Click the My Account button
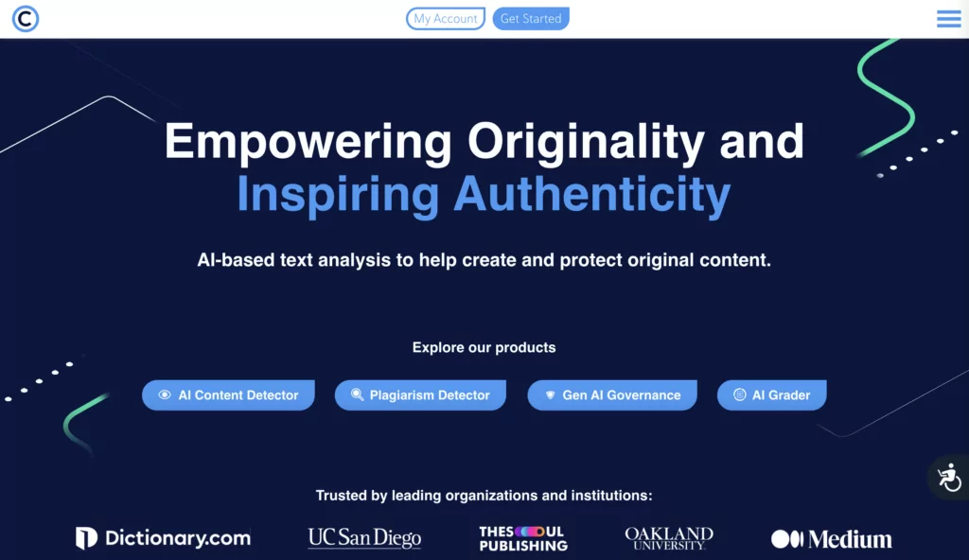pyautogui.click(x=445, y=19)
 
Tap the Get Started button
pyautogui.click(x=531, y=19)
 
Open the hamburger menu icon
pyautogui.click(x=948, y=19)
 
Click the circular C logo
pyautogui.click(x=26, y=19)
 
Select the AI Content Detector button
pyautogui.click(x=228, y=395)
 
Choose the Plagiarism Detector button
pyautogui.click(x=420, y=395)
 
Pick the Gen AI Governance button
pyautogui.click(x=612, y=395)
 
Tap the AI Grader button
pyautogui.click(x=771, y=395)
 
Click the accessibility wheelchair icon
pyautogui.click(x=949, y=477)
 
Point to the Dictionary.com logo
pyautogui.click(x=163, y=538)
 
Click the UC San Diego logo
pyautogui.click(x=364, y=538)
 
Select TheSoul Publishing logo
pyautogui.click(x=522, y=538)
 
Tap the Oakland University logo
pyautogui.click(x=669, y=538)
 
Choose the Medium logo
pyautogui.click(x=831, y=539)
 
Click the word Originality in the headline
pyautogui.click(x=586, y=142)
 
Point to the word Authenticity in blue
pyautogui.click(x=592, y=195)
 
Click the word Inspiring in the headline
pyautogui.click(x=338, y=195)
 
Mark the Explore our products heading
pyautogui.click(x=484, y=347)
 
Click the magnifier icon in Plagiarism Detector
pyautogui.click(x=357, y=394)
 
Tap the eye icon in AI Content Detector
pyautogui.click(x=165, y=394)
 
